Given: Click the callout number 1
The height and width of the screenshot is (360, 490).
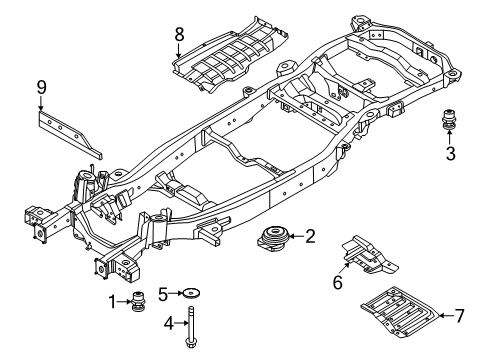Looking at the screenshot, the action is coord(113,302).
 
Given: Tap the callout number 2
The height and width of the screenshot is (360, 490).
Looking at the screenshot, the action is coord(310,236).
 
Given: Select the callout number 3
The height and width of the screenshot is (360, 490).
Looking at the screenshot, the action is coord(450,154).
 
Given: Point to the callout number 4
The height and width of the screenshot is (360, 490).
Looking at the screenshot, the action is coord(169,323).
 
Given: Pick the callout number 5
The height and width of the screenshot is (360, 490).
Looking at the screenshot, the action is coord(163,294).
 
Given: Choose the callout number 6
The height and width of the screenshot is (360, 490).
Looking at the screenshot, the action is coord(338,282).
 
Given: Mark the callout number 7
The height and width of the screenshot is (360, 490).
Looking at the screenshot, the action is coord(460,316).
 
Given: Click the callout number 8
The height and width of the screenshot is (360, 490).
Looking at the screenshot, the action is coord(179,34).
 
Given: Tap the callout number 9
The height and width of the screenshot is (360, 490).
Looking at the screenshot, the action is coord(41,88).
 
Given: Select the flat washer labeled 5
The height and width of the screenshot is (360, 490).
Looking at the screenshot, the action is coord(191,293).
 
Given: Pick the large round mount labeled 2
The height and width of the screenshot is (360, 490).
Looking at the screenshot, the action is coord(274,239).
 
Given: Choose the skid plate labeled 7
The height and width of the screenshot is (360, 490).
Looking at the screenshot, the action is coord(400,310).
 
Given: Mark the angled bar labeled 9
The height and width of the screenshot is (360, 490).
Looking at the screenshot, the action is coord(70,134).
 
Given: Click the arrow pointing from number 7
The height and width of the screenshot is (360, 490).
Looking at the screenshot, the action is coord(446,315).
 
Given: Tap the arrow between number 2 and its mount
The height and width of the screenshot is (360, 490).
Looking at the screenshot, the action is coord(297,236).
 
